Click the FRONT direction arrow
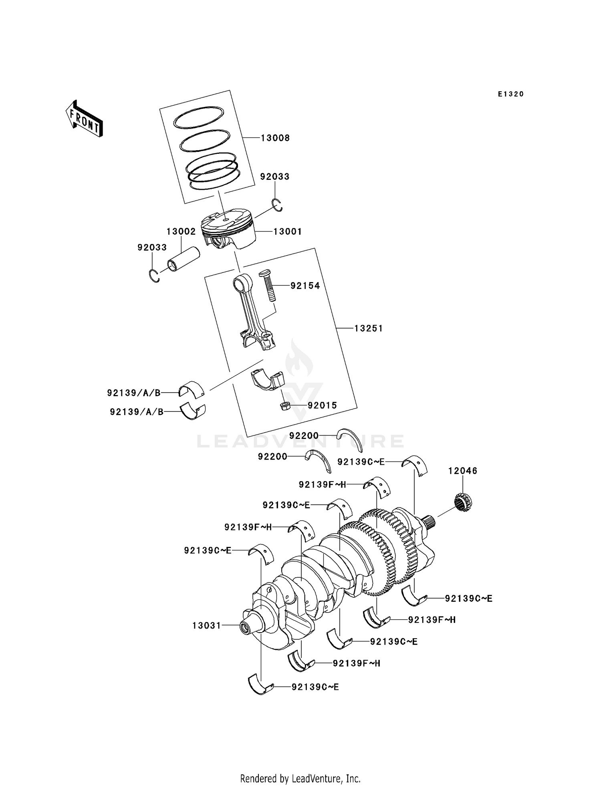click(84, 119)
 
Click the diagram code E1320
click(511, 94)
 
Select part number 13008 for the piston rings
click(275, 138)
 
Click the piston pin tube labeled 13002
click(184, 259)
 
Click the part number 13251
click(369, 329)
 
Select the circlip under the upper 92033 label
click(277, 205)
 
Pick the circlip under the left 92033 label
click(154, 276)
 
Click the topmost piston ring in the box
click(199, 117)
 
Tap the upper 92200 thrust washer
click(350, 438)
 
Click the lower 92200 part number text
click(272, 456)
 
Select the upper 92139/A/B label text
click(133, 393)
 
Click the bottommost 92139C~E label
click(315, 687)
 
